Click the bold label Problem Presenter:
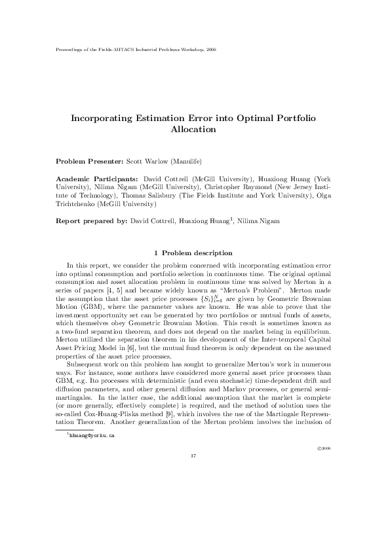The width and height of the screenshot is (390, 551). tap(85, 160)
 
